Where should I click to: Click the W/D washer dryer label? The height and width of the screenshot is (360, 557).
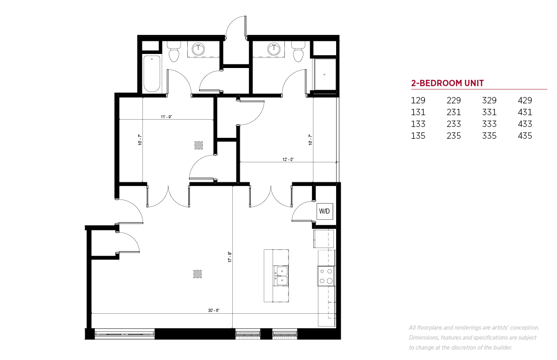click(x=324, y=211)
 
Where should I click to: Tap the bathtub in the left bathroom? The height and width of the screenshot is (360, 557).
click(x=151, y=74)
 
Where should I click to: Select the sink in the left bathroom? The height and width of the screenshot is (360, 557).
click(x=198, y=49)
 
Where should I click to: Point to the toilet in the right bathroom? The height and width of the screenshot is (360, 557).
click(x=298, y=52)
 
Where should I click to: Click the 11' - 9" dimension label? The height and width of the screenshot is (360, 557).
click(x=166, y=117)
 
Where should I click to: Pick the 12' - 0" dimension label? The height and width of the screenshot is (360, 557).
click(x=288, y=159)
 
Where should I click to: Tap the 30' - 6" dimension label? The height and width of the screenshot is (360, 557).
click(x=214, y=311)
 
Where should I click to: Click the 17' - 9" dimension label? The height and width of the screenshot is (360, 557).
click(x=230, y=257)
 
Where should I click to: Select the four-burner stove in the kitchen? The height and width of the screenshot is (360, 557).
click(x=326, y=276)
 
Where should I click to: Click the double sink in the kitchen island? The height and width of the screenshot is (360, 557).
click(x=282, y=276)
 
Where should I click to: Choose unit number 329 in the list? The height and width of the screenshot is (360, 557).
click(x=489, y=101)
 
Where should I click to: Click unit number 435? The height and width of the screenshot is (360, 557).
click(x=525, y=136)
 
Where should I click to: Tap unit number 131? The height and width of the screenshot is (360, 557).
click(x=418, y=112)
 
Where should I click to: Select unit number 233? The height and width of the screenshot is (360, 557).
click(x=454, y=124)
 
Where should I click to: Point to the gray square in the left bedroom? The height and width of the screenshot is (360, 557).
click(x=199, y=145)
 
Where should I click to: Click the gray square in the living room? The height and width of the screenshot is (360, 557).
click(x=197, y=274)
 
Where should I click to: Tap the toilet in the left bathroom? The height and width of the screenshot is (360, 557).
click(x=174, y=52)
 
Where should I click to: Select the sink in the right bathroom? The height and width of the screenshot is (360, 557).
click(x=274, y=49)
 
